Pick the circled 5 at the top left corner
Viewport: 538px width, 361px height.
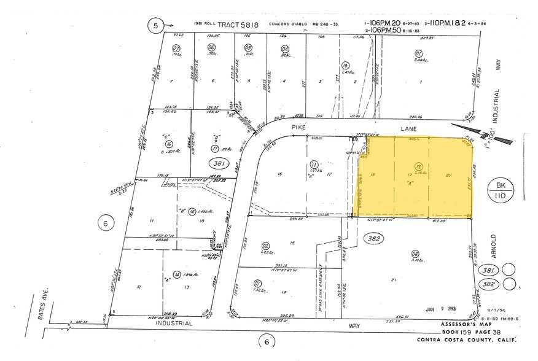(156, 26)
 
